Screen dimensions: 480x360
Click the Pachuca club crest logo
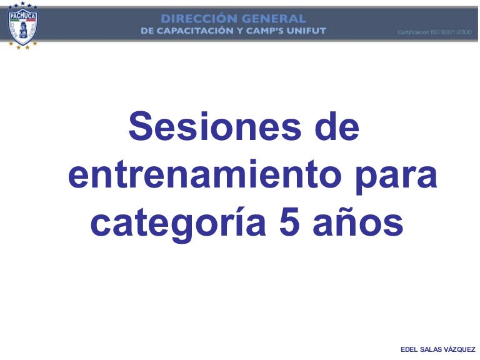(x=22, y=26)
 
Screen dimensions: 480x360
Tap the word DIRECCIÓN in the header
(x=198, y=19)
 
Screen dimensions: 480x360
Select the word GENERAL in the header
(x=274, y=19)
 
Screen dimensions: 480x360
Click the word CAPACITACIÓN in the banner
(x=195, y=31)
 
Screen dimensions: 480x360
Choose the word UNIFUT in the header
(x=306, y=31)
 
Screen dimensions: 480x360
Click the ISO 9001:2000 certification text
(x=435, y=32)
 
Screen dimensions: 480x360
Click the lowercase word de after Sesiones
(x=337, y=126)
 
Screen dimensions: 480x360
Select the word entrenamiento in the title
(x=204, y=175)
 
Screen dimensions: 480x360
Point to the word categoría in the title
(x=178, y=224)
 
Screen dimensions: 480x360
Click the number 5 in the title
(x=289, y=221)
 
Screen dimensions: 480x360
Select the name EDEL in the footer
(x=409, y=349)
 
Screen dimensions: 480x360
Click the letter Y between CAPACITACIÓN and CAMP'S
(x=240, y=31)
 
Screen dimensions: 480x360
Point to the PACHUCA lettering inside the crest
(x=22, y=15)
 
